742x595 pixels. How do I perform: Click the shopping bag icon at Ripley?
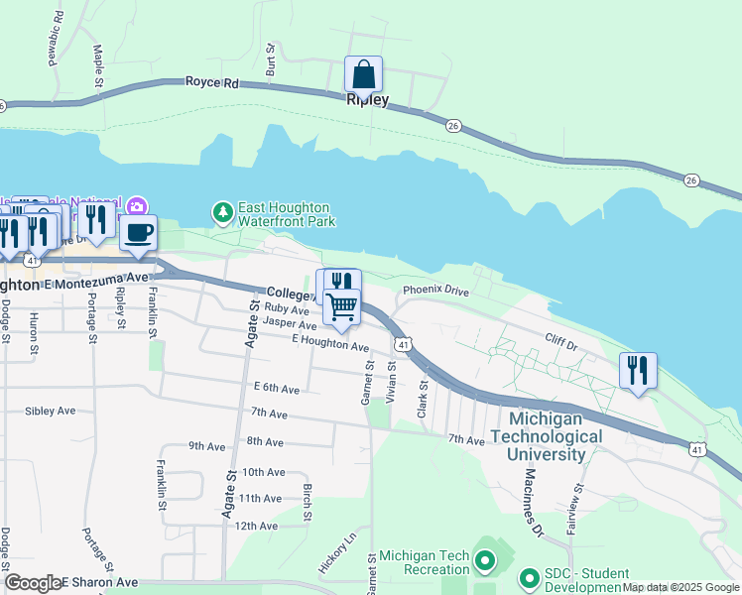pos(363,74)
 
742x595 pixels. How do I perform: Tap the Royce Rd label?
pos(212,84)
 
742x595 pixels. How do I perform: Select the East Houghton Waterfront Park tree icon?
pos(223,212)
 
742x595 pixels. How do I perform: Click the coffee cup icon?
pos(138,233)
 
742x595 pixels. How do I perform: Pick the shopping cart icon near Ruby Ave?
pos(341,307)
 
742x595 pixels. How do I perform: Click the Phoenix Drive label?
pos(434,291)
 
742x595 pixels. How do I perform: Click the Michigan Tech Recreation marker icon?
pos(485,562)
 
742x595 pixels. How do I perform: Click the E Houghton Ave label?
pos(330,343)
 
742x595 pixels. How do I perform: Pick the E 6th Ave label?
pos(276,388)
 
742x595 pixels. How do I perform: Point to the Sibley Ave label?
pos(51,410)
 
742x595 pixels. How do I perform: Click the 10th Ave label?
pos(263,472)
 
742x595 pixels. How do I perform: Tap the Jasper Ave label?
pos(290,324)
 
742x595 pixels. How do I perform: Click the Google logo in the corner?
pos(33,583)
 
